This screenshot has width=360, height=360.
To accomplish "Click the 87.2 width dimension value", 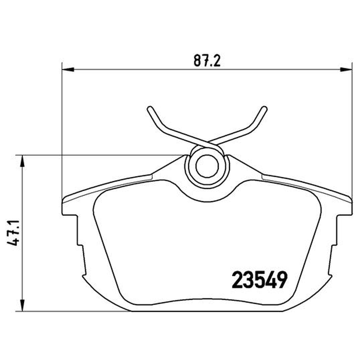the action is click(x=207, y=61).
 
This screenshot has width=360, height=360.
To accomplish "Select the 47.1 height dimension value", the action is click(x=13, y=233).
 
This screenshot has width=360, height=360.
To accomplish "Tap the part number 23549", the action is click(x=260, y=279).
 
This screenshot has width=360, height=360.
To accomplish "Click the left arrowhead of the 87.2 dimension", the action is click(x=68, y=69).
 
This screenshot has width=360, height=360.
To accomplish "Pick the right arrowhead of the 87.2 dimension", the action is click(x=346, y=69).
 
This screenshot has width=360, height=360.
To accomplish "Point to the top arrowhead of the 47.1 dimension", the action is click(x=22, y=161).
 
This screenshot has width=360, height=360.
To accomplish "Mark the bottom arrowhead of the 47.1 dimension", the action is click(x=22, y=306).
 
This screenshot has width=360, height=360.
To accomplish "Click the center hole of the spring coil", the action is click(x=207, y=166).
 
